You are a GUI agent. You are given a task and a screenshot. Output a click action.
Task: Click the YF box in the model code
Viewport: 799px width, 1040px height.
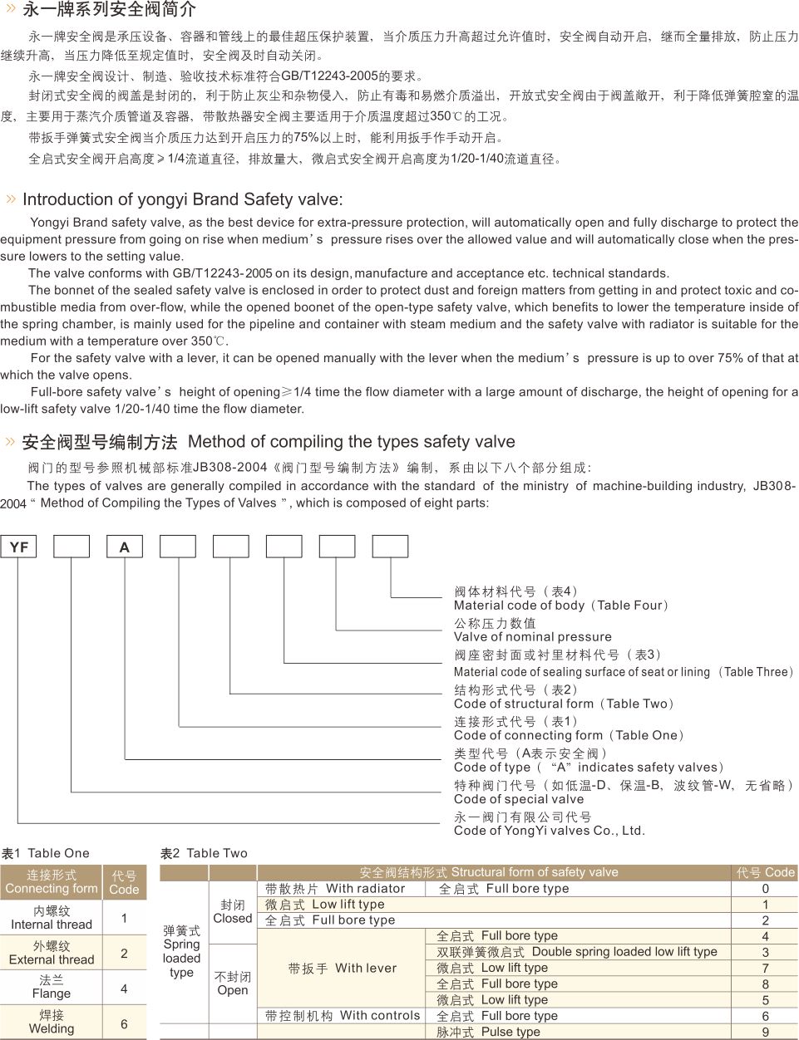point(18,547)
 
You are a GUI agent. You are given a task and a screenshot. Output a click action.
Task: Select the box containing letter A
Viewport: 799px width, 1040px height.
point(125,547)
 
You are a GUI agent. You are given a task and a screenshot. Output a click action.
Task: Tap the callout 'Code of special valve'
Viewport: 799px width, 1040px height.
point(519,799)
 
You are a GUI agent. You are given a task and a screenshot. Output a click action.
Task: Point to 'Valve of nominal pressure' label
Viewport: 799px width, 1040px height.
point(520,637)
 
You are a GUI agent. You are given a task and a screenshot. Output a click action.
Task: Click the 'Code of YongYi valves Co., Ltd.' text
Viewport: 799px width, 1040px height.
point(549,831)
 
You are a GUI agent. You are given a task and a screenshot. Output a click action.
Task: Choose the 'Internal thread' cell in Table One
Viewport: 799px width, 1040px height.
point(52,918)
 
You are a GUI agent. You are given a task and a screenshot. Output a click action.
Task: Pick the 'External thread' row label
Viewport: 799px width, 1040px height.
point(52,953)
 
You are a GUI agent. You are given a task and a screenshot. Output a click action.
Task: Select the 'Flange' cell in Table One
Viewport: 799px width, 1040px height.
point(52,987)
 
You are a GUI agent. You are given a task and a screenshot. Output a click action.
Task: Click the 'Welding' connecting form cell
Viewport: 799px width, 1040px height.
point(52,1022)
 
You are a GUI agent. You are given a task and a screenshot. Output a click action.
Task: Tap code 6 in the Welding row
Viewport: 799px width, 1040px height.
point(124,1023)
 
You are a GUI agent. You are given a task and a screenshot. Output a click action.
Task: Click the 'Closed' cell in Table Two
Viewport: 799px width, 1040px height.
point(233,912)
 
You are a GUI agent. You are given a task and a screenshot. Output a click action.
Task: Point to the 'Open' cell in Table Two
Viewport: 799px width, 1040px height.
point(233,984)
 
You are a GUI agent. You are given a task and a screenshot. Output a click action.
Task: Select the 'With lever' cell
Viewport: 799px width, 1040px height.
point(342,968)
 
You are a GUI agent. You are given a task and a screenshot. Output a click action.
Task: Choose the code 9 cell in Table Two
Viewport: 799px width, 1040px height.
point(766,1033)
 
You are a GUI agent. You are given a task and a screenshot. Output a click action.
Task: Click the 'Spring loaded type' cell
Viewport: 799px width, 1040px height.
point(182,952)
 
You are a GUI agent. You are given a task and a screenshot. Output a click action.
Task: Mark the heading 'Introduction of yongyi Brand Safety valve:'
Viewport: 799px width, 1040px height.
point(182,199)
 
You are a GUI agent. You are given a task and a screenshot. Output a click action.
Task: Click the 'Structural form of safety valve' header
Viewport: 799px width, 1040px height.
point(489,872)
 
